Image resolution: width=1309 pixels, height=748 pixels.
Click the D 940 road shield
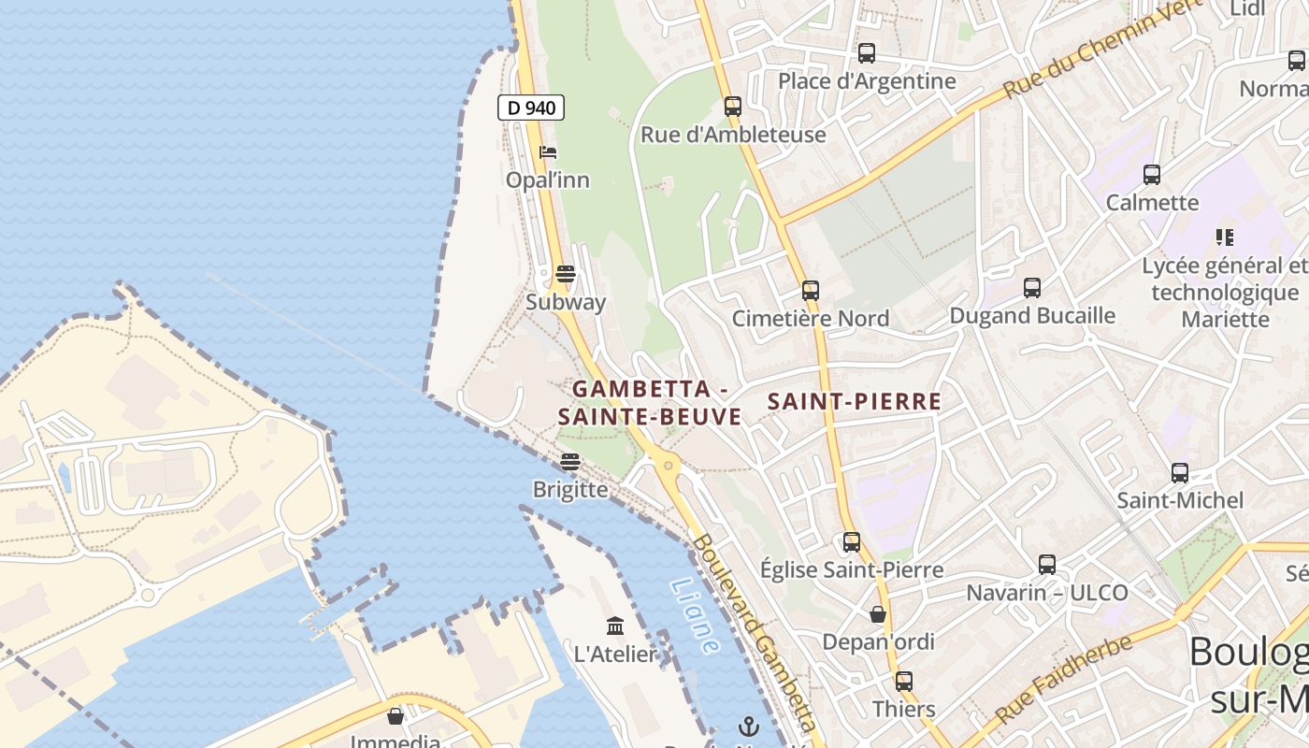pos(531,108)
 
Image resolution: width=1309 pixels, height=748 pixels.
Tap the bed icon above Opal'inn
pos(548,151)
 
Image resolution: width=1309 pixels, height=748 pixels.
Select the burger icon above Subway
pos(565,274)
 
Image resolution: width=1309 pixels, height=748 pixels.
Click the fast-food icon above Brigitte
pos(570,462)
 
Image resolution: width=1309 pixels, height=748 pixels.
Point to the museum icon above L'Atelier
pos(615,626)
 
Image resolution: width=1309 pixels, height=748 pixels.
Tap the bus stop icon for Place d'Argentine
pos(867,53)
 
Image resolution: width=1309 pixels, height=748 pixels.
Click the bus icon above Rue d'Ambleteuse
pos(733,107)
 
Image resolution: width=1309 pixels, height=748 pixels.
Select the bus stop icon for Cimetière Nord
pos(811,291)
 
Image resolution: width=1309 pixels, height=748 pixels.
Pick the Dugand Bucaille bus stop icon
pos(1032,288)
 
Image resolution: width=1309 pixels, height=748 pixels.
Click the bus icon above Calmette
pos(1152,175)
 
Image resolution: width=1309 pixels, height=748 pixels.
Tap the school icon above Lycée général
pos(1224,237)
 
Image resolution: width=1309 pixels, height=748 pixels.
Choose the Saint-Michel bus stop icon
pos(1180,473)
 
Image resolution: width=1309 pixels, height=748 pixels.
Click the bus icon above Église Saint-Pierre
pos(852,542)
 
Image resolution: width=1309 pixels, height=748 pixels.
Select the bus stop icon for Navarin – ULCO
pos(1047,565)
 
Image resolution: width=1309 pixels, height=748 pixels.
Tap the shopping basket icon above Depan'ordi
pos(878,614)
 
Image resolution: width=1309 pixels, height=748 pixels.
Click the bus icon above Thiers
pos(903,682)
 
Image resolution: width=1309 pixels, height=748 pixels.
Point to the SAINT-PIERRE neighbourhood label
pos(854,402)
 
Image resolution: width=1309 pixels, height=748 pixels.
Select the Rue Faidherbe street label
pos(1063,680)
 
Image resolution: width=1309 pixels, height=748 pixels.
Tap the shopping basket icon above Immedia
pos(396,716)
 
